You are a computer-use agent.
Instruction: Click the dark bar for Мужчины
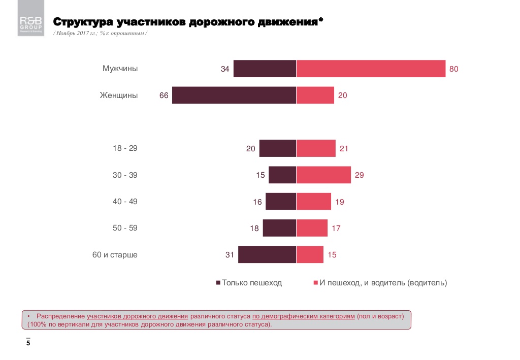tap(265, 69)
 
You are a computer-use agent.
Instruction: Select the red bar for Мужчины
tap(371, 69)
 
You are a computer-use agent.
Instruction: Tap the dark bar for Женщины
tap(234, 95)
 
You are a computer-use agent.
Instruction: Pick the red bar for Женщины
tap(315, 95)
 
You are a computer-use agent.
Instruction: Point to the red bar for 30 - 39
tap(323, 175)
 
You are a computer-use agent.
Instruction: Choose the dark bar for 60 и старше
tap(267, 254)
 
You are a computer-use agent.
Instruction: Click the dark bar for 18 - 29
tap(277, 148)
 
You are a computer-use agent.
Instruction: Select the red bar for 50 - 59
tap(312, 228)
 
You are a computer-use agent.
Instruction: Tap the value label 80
tap(454, 69)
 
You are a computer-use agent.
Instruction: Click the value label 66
tap(164, 95)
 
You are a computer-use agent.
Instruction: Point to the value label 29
tap(360, 175)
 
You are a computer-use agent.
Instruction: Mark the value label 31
tap(230, 255)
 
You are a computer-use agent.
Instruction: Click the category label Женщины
tap(118, 95)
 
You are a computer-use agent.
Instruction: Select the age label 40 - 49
tap(125, 202)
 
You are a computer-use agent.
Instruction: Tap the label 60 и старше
tap(115, 254)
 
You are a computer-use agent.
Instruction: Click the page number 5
tap(28, 344)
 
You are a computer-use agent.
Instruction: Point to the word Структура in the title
tap(83, 22)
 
